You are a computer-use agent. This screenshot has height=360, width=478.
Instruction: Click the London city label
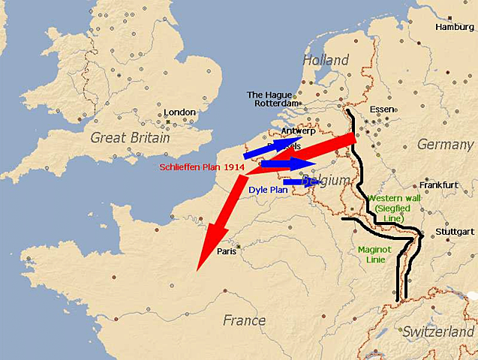pos(179,112)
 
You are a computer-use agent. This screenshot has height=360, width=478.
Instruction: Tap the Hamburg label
pos(455,27)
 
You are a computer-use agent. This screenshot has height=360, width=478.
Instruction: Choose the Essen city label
pos(382,109)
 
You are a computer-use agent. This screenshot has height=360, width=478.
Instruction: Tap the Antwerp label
pos(298,131)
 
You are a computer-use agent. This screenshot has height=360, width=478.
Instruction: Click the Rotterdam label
pos(277,103)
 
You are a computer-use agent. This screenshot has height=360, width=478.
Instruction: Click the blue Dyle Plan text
pos(268,190)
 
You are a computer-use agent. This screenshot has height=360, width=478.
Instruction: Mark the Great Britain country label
pos(129,137)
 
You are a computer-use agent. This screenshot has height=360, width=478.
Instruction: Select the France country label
pos(244,320)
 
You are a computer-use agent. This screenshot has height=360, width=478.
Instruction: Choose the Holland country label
pos(326,60)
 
